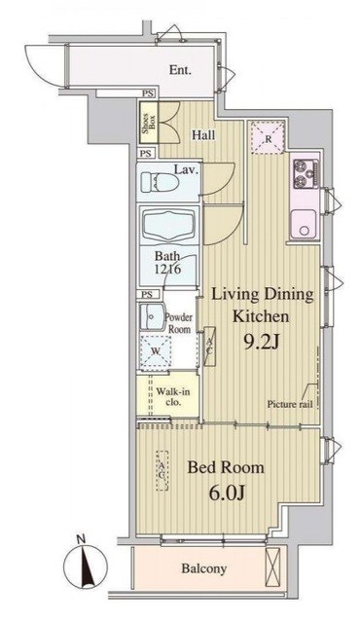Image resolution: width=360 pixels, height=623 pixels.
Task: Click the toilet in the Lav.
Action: click(x=160, y=182)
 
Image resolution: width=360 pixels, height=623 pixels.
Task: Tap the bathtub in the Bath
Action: click(x=168, y=226)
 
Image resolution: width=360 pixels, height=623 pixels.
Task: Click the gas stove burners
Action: click(x=306, y=174)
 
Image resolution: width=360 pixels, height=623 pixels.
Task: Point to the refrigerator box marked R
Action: click(x=269, y=138)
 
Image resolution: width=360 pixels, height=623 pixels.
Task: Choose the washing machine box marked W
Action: click(x=156, y=351)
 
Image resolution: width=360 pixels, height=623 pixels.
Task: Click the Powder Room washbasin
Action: click(x=152, y=316)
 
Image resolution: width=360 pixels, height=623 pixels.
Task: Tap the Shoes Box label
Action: click(x=149, y=123)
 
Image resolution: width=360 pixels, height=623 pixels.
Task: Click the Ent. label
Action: click(x=180, y=70)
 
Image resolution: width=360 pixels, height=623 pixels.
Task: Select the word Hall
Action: click(x=203, y=135)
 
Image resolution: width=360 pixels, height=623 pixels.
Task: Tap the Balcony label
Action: click(x=204, y=568)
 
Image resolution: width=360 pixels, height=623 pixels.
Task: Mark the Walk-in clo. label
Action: click(x=172, y=396)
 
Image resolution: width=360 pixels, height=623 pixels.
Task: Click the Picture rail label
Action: click(x=290, y=405)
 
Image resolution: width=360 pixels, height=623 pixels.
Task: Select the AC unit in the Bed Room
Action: click(x=162, y=470)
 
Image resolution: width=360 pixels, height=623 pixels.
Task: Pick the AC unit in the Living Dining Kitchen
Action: click(x=209, y=346)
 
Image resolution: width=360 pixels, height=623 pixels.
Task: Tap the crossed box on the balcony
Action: click(x=272, y=566)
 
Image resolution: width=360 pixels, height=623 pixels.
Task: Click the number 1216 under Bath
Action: click(x=168, y=269)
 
